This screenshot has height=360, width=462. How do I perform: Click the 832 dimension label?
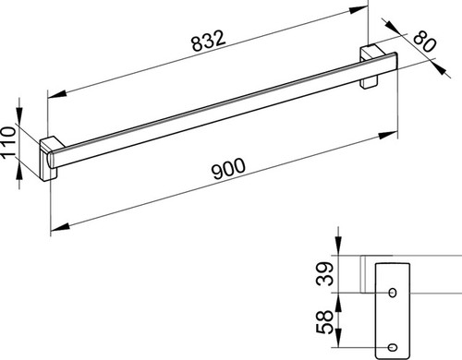pyautogui.click(x=209, y=41)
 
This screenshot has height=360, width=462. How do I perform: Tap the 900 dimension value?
pyautogui.click(x=229, y=168)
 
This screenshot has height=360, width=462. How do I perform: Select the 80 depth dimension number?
pyautogui.click(x=424, y=42)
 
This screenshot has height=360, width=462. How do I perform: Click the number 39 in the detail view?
pyautogui.click(x=325, y=273)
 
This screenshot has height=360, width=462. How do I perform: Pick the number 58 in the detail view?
pyautogui.click(x=325, y=322)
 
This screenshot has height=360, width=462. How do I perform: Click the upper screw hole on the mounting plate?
pyautogui.click(x=393, y=293)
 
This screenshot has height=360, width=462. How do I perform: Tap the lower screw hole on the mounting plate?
pyautogui.click(x=393, y=347)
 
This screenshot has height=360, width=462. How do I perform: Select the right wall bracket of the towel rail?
pyautogui.click(x=371, y=66)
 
